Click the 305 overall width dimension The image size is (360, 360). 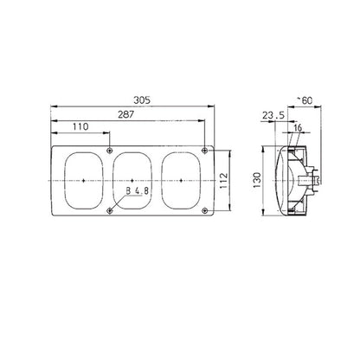(x=142, y=100)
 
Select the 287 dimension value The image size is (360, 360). (x=126, y=114)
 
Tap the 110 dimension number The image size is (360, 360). (x=80, y=126)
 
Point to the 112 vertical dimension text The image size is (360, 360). (x=224, y=181)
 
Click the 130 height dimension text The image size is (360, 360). (x=257, y=180)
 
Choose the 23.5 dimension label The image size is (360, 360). (x=273, y=115)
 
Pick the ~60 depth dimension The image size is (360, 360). (x=305, y=100)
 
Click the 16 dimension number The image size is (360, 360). (x=298, y=127)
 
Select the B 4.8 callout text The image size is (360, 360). (x=138, y=190)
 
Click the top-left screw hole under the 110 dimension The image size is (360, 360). (x=110, y=151)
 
